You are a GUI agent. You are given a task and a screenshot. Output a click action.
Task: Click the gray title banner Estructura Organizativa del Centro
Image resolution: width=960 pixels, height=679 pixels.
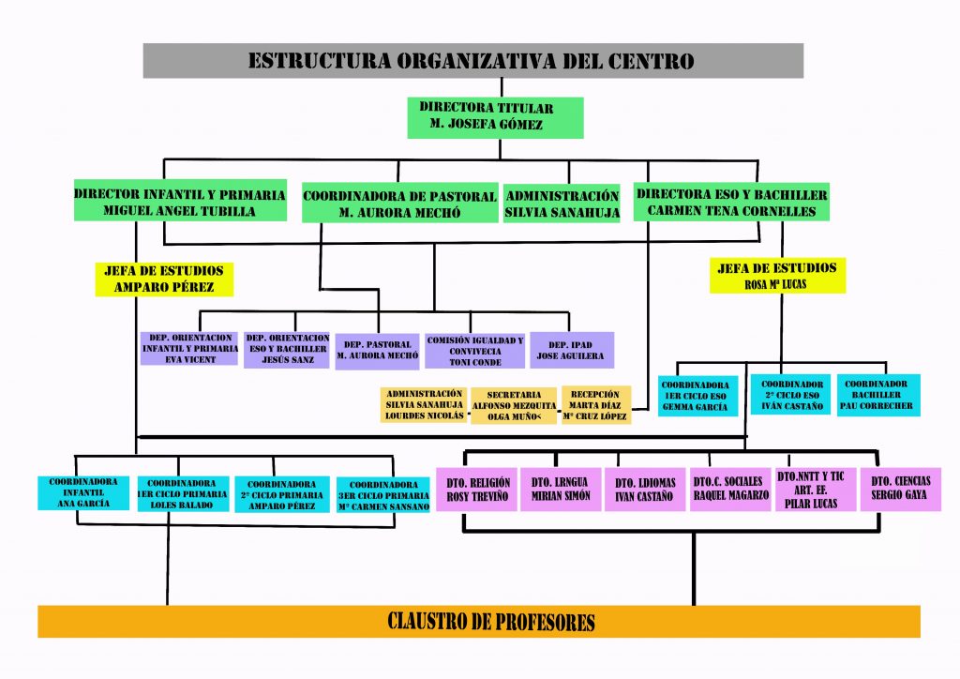(472, 61)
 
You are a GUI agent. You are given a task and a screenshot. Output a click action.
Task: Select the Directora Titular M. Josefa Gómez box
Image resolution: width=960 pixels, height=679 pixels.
(494, 116)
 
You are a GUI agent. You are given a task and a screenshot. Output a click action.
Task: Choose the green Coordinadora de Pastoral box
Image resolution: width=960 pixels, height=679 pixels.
(399, 204)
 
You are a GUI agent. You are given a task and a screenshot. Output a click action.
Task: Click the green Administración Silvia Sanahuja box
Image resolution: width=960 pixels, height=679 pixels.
(562, 204)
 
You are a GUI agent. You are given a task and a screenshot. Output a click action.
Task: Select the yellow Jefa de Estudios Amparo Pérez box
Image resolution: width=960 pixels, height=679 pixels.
(163, 279)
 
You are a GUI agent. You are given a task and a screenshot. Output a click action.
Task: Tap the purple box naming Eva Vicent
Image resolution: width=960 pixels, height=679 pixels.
(189, 348)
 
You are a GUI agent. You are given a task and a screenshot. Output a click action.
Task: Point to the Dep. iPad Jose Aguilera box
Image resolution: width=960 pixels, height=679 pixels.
(572, 349)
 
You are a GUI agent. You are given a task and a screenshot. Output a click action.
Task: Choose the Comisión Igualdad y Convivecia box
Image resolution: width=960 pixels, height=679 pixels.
(474, 350)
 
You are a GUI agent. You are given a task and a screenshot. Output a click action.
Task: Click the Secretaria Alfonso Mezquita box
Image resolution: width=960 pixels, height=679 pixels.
(513, 405)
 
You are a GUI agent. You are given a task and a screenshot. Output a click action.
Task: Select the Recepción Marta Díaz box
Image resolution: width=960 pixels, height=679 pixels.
(595, 405)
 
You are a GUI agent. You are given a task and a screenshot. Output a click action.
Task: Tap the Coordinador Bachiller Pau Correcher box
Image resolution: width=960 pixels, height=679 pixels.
(877, 396)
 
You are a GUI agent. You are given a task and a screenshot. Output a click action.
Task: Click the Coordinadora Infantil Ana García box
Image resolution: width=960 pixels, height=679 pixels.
(83, 492)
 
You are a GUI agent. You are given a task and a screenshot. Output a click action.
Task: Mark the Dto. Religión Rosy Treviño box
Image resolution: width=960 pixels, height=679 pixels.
(477, 490)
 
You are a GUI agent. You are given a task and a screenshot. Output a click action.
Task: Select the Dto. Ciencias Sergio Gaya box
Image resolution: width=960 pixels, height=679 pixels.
(900, 489)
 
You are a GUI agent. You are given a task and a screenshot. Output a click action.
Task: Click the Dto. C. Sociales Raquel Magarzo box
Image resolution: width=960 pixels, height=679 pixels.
(727, 489)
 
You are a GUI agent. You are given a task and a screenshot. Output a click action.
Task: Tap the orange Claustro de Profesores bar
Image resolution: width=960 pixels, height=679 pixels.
(478, 621)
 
